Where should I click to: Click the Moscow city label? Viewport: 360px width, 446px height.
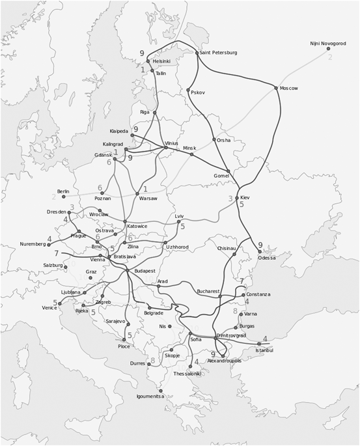coord(289,89)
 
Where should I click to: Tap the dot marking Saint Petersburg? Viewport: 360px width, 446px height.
coord(197,53)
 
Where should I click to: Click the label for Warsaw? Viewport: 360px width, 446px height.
coord(148,199)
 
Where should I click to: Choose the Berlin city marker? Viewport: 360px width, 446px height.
coord(64,197)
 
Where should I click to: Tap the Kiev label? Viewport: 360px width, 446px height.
coord(245,197)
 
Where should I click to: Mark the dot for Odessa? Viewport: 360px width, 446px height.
coord(260,251)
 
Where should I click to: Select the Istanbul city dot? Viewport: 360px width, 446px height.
coord(259,344)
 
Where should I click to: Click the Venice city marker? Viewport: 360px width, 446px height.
coord(61,303)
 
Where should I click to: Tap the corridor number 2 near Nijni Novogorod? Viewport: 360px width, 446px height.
coord(330,57)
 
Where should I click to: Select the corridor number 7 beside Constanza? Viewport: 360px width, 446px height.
coord(242,281)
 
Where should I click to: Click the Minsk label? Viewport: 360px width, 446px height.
coord(189,148)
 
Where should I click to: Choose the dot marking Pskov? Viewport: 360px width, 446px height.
coord(188,90)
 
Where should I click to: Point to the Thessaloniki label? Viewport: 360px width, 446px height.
coord(188,374)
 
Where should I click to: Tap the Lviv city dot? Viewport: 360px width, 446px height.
coord(179,221)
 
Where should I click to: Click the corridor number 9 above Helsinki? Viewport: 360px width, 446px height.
coord(142,53)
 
